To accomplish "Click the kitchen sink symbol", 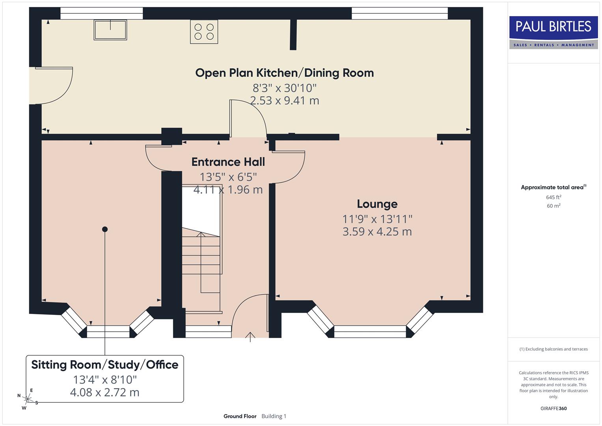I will click(x=110, y=30).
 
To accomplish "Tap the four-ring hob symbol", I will click(x=204, y=32).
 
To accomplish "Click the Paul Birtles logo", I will click(x=554, y=32).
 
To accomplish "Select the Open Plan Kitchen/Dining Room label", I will click(x=284, y=73).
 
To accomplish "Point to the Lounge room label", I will click(x=377, y=204).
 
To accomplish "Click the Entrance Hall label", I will click(x=228, y=162).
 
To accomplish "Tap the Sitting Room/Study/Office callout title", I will click(x=105, y=365).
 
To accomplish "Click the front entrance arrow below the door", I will click(x=250, y=337).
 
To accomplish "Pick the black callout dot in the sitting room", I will click(x=105, y=229).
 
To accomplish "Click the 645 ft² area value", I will click(x=554, y=197).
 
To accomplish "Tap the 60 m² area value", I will click(x=554, y=206).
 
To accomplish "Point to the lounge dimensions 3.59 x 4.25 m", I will click(x=377, y=232).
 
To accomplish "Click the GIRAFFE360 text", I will click(x=554, y=408).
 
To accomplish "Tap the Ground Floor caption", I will click(x=240, y=416).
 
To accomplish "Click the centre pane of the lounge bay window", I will click(x=370, y=332).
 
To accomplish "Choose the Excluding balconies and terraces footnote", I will click(x=554, y=349).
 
